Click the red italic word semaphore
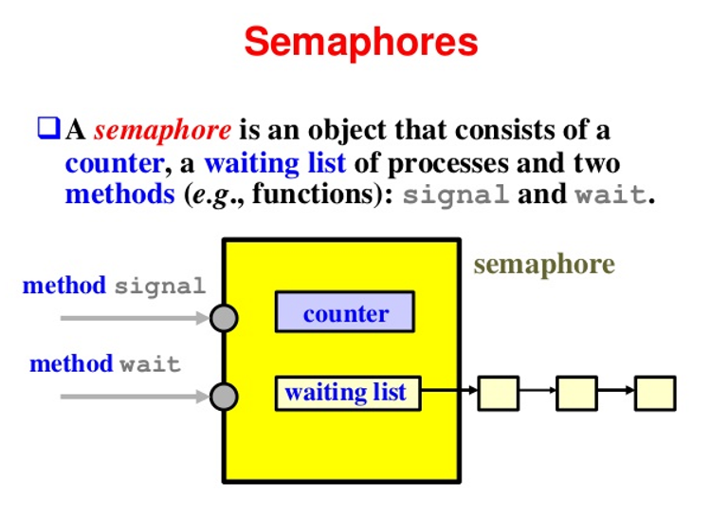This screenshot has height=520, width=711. point(162,130)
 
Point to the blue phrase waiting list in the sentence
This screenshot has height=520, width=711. point(275,163)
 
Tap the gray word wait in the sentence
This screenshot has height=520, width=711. point(611,197)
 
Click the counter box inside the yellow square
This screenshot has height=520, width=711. point(345,313)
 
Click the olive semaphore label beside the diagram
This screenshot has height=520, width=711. point(544,264)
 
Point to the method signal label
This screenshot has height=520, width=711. point(114,286)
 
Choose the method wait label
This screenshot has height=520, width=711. point(105,363)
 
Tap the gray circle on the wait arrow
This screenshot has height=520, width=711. point(224,396)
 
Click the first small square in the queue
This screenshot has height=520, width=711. point(499,393)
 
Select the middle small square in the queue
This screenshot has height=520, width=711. point(576,393)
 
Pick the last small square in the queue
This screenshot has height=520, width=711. point(655,393)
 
